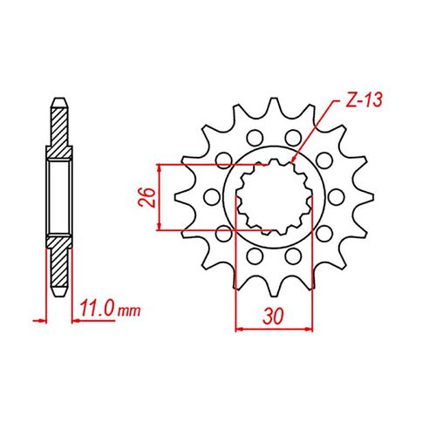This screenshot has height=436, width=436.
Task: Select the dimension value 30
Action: pos(275,315)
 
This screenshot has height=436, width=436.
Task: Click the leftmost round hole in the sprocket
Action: pos(213,197)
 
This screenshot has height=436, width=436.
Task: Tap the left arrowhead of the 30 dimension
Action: pos(241,330)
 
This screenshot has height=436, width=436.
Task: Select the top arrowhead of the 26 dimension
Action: pos(158,166)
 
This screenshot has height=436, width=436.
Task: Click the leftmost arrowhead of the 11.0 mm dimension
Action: pos(38,318)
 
